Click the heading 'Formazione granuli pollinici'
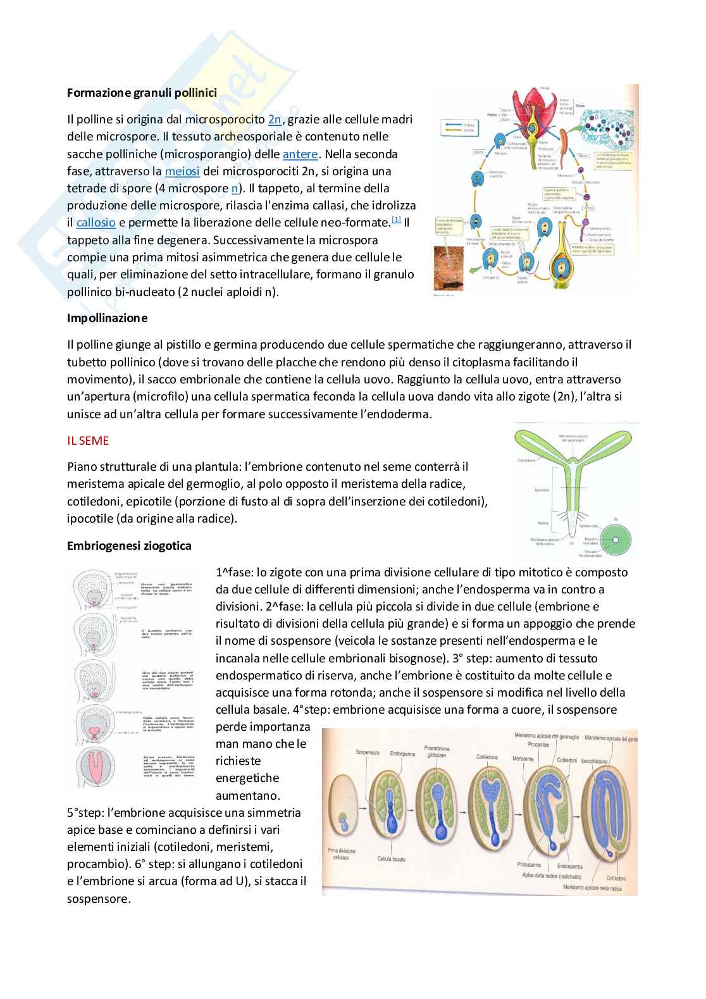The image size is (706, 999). click(142, 93)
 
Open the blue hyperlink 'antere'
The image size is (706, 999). click(300, 154)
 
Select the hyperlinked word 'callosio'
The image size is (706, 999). click(96, 223)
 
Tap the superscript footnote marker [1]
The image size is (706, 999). click(396, 220)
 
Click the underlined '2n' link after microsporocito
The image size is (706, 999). click(275, 119)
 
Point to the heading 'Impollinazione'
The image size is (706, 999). click(107, 318)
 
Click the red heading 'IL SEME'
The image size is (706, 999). click(88, 440)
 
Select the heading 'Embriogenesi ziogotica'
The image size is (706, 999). click(129, 545)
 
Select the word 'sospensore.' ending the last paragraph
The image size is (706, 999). click(99, 898)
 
